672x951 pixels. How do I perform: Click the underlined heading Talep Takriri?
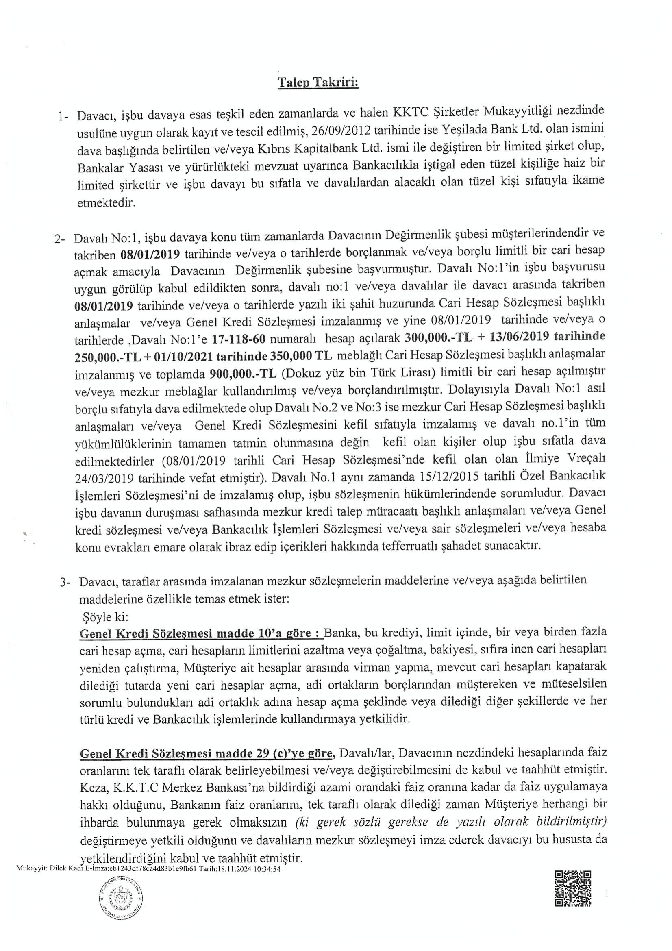pos(318,83)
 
